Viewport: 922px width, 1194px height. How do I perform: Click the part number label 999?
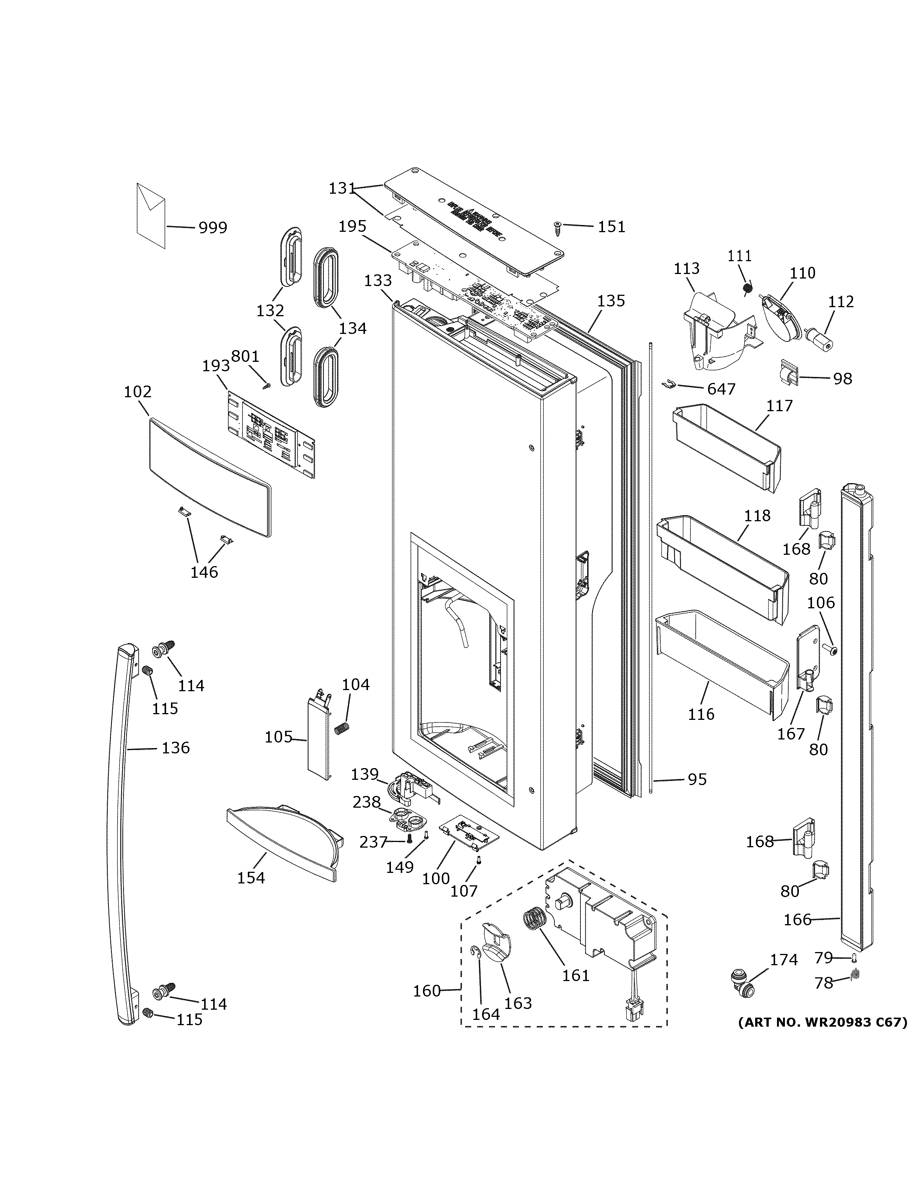click(212, 227)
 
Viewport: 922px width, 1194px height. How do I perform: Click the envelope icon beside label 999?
click(151, 216)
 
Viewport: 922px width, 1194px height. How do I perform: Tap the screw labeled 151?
click(558, 228)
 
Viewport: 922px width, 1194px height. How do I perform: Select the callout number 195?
click(352, 227)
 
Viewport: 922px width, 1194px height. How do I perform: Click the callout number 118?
click(757, 516)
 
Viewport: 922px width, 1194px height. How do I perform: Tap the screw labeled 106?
click(832, 650)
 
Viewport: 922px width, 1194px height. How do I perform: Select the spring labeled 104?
click(342, 728)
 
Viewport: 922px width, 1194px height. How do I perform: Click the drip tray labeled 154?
click(281, 842)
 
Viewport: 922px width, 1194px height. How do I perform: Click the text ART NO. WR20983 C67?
click(823, 1023)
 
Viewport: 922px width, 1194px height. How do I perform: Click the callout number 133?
click(378, 281)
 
